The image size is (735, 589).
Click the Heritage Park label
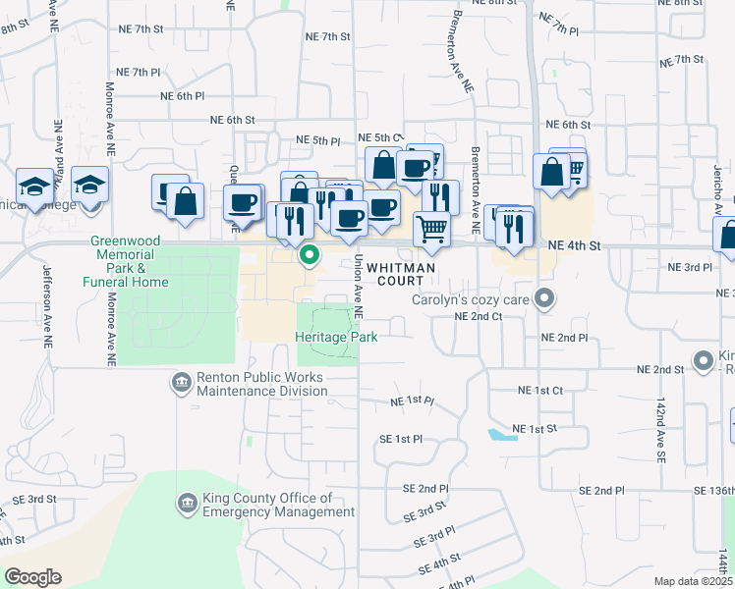(337, 336)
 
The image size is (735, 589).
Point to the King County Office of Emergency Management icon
(187, 505)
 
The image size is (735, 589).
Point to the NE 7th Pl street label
(138, 72)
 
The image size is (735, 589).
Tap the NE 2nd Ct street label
(479, 316)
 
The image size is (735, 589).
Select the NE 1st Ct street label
(539, 390)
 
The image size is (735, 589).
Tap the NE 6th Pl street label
(183, 96)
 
